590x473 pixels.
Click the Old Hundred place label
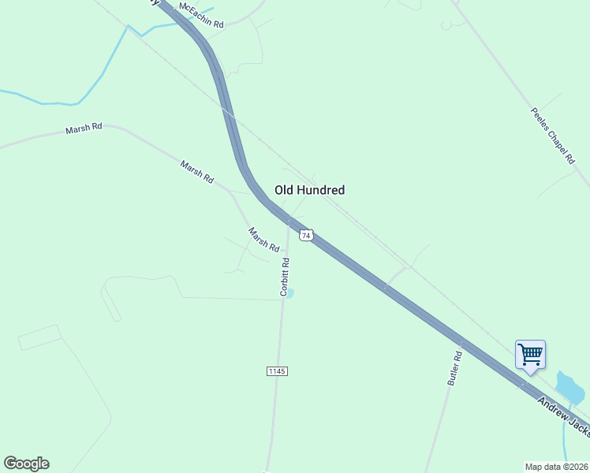309,190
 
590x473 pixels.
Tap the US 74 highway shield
307,234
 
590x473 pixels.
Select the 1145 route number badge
276,371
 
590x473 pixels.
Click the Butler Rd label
455,368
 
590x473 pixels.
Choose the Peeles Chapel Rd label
552,136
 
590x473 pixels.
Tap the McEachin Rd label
201,16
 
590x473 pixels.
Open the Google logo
26,464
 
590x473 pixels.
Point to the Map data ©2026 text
556,466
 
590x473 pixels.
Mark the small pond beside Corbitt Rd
289,294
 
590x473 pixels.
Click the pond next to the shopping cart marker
569,385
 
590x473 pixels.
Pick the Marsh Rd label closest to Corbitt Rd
264,240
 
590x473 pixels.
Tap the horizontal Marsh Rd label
84,128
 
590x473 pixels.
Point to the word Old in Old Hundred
284,190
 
